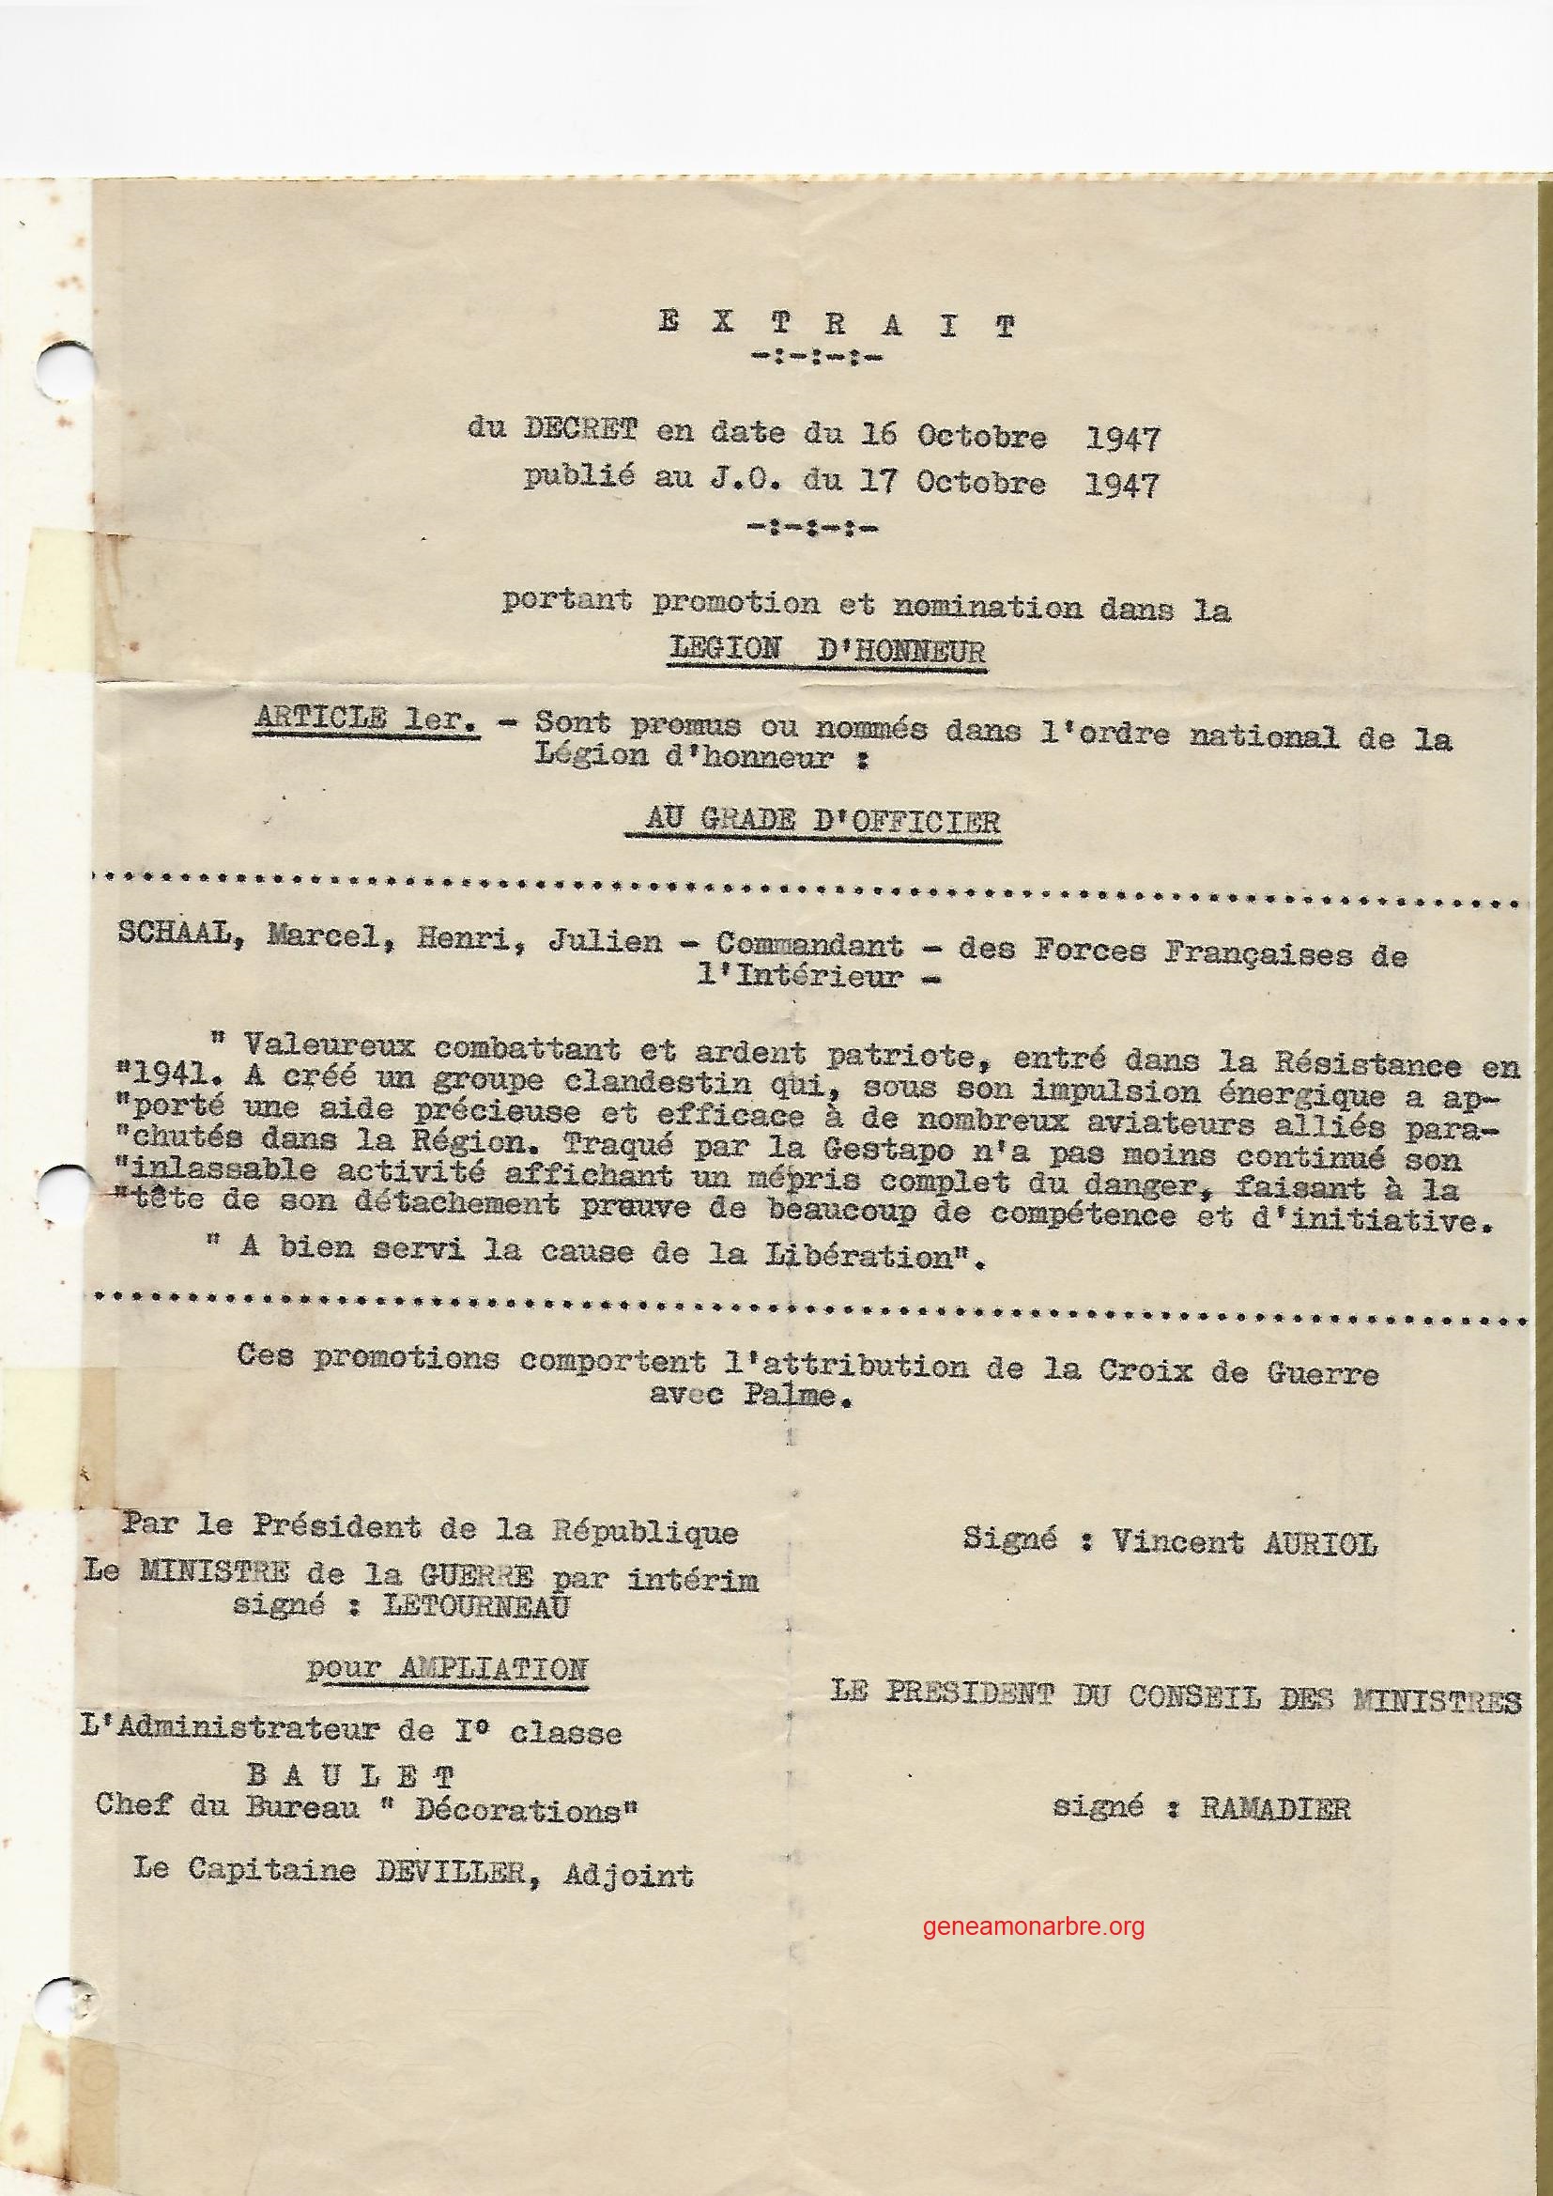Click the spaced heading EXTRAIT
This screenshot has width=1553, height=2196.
pyautogui.click(x=837, y=325)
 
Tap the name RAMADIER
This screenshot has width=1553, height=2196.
pyautogui.click(x=1273, y=1782)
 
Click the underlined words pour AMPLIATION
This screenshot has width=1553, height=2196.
pyautogui.click(x=447, y=1668)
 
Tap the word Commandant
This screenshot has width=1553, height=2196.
pyautogui.click(x=809, y=943)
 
